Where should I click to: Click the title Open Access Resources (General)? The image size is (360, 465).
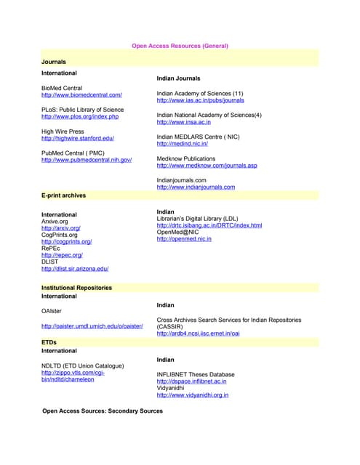[180, 46]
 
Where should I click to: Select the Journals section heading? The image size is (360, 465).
[54, 62]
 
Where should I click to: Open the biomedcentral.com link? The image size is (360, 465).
[81, 95]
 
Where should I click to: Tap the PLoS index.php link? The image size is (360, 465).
[79, 116]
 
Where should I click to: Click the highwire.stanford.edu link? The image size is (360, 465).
[78, 138]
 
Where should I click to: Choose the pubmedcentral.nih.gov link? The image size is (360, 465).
[87, 160]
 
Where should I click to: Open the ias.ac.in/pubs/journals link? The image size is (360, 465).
[200, 100]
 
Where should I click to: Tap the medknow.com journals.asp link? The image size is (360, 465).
[207, 166]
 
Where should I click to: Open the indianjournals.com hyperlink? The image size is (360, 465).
[196, 187]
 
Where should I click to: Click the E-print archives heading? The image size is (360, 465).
[63, 196]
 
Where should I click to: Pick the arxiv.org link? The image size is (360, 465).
[60, 228]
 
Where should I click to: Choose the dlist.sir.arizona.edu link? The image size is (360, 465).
[75, 268]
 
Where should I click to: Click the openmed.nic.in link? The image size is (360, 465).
[184, 239]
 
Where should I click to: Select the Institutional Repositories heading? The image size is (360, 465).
[76, 288]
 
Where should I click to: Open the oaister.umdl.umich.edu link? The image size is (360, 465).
[92, 325]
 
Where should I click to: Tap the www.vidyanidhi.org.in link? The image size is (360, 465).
[192, 395]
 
